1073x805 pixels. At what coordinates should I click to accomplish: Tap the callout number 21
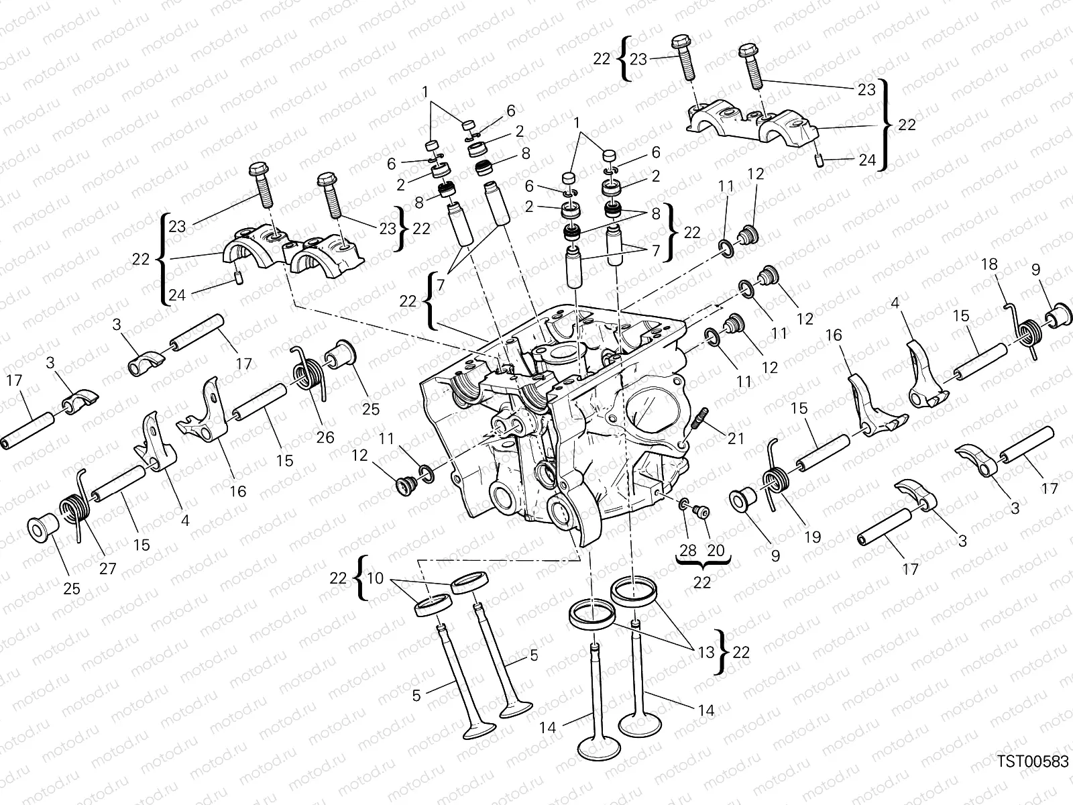point(735,438)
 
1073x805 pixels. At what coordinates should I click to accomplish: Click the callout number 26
point(325,437)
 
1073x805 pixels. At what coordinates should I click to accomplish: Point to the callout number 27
point(107,568)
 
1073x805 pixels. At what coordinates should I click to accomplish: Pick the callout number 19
point(812,537)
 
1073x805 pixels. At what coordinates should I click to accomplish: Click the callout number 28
point(688,550)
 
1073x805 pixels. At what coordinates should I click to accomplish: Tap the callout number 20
point(716,550)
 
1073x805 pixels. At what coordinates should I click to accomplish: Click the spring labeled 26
point(308,370)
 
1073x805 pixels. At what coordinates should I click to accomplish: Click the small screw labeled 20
point(702,512)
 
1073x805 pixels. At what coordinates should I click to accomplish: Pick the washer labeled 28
point(683,504)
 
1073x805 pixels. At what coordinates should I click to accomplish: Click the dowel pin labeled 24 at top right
point(819,159)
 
